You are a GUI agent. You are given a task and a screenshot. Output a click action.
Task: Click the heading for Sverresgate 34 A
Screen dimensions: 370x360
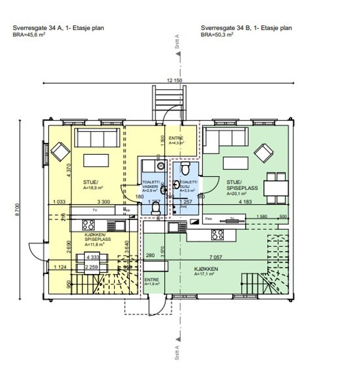pyautogui.click(x=59, y=28)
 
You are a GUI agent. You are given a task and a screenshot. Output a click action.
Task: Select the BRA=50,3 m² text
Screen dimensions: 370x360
pyautogui.click(x=217, y=35)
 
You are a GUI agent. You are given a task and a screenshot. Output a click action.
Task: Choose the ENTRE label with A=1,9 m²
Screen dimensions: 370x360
pyautogui.click(x=152, y=282)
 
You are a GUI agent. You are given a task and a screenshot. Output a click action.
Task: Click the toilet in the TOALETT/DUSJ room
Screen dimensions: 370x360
pyautogui.click(x=185, y=169)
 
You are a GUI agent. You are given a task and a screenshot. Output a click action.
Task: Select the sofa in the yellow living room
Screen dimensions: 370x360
pyautogui.click(x=96, y=137)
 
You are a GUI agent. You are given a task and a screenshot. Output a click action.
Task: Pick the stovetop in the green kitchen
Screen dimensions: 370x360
pyautogui.click(x=217, y=234)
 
